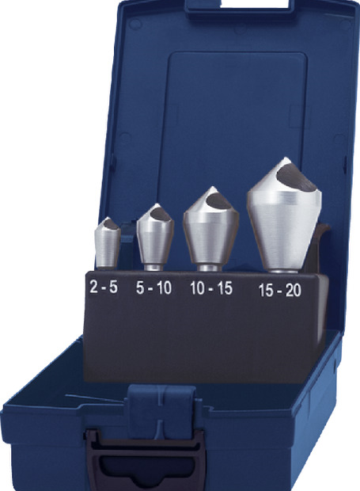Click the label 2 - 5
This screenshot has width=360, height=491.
[x=104, y=286]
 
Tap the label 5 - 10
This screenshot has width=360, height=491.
[x=153, y=287]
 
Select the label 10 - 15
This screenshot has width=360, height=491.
[x=211, y=288]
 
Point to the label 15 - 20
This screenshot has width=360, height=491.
[x=280, y=290]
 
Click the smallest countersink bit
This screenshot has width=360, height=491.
[x=108, y=243]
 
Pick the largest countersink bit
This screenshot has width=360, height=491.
[x=284, y=215]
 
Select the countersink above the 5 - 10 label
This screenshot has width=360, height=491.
[x=155, y=237]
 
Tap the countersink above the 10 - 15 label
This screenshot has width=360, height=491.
[x=210, y=229]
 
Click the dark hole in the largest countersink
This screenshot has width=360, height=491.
[x=297, y=177]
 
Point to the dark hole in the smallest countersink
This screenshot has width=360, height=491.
[x=111, y=224]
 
